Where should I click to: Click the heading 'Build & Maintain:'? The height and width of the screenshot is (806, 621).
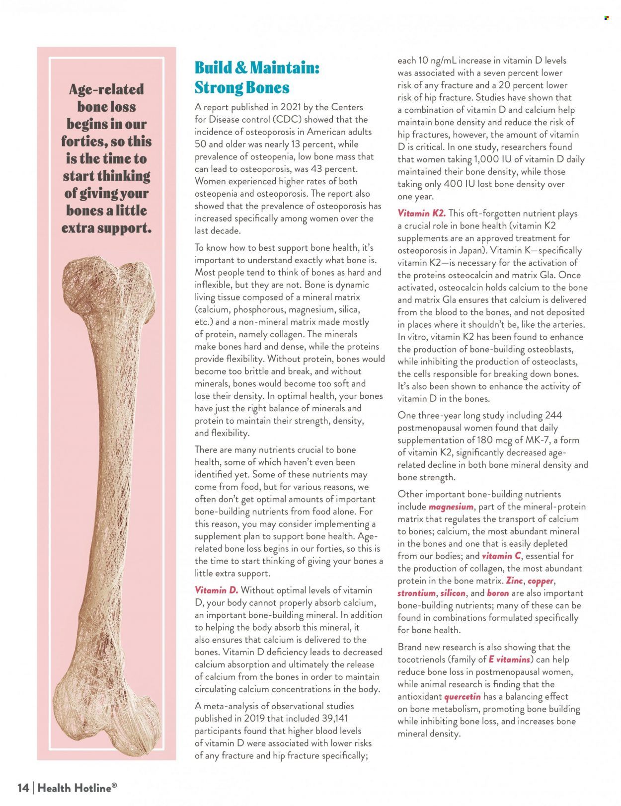click(256, 68)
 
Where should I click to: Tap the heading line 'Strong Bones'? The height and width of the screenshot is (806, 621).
click(241, 87)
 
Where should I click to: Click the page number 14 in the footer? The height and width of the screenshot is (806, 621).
click(23, 788)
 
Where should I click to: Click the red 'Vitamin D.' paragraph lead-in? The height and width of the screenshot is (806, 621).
click(216, 590)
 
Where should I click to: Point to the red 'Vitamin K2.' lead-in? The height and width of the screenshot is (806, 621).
click(421, 214)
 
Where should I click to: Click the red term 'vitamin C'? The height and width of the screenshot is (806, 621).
click(501, 556)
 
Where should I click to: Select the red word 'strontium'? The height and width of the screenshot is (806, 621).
click(416, 593)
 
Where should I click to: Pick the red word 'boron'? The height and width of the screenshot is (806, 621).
click(498, 593)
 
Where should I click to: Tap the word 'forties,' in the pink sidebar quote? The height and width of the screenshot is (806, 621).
click(84, 142)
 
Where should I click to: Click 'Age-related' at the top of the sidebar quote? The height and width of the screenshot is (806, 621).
click(106, 89)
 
